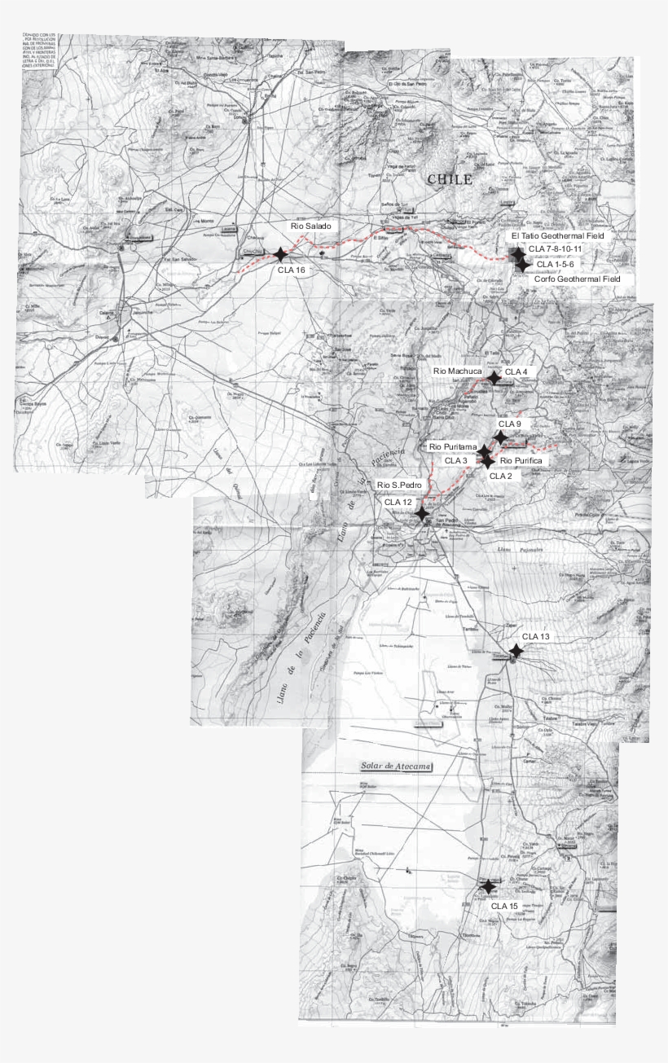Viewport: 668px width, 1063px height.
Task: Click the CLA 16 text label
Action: [x=292, y=270]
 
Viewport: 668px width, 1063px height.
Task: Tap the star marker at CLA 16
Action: [x=281, y=255]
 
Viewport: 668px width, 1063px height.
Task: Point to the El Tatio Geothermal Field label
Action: [x=564, y=235]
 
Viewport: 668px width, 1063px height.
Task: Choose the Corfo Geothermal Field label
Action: [x=577, y=279]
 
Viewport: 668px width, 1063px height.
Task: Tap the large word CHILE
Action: [x=450, y=180]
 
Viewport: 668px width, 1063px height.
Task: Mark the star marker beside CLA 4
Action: [x=494, y=377]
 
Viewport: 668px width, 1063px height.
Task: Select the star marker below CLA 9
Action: [x=501, y=437]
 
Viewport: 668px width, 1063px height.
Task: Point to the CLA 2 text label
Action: [x=500, y=476]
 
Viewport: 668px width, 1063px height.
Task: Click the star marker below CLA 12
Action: [x=422, y=514]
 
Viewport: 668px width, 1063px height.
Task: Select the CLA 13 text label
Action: [x=536, y=636]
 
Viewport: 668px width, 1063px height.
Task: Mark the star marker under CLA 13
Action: [x=516, y=651]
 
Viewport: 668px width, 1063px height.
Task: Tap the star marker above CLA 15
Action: [x=487, y=886]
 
